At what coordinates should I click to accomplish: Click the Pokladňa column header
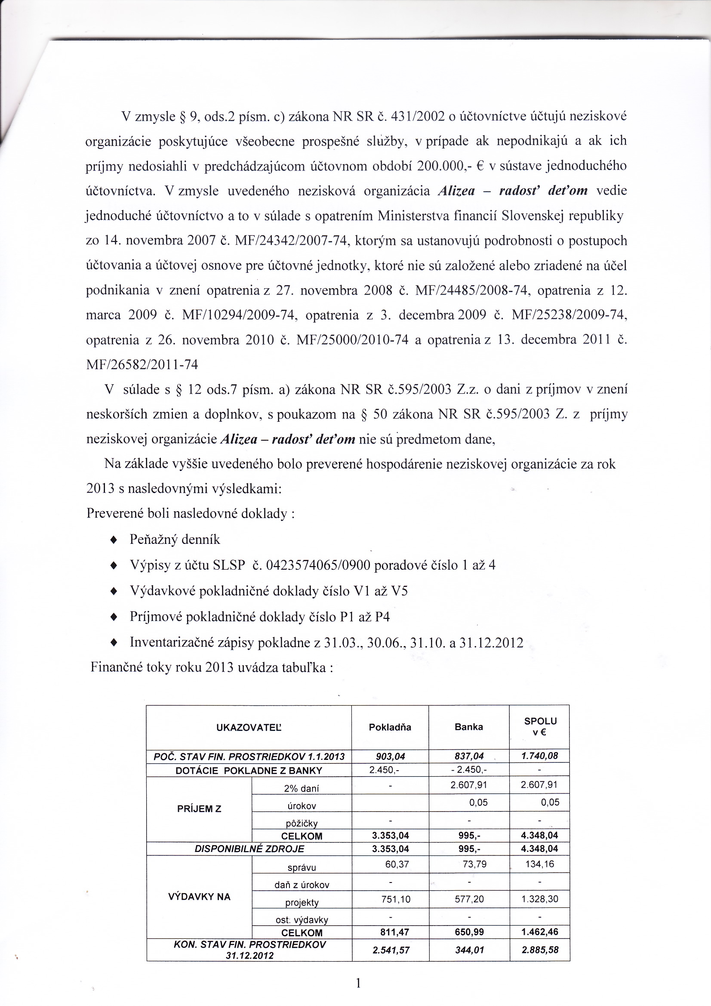(x=390, y=727)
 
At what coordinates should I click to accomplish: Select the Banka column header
(x=469, y=727)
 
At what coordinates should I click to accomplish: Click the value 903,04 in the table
(x=390, y=756)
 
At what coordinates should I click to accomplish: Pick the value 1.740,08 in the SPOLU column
(x=539, y=756)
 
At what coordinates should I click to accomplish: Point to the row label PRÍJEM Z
(x=199, y=809)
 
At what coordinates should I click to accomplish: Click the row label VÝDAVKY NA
(x=199, y=897)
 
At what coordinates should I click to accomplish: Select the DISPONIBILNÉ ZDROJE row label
(x=249, y=849)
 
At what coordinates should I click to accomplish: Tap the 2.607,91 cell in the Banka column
(x=469, y=785)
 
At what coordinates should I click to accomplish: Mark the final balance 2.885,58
(x=539, y=950)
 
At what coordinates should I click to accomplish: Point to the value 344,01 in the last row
(x=469, y=950)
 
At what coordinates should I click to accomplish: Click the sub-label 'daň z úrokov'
(x=302, y=885)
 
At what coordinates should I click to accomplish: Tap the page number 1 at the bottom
(x=358, y=984)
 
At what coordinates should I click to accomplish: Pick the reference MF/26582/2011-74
(x=142, y=364)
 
